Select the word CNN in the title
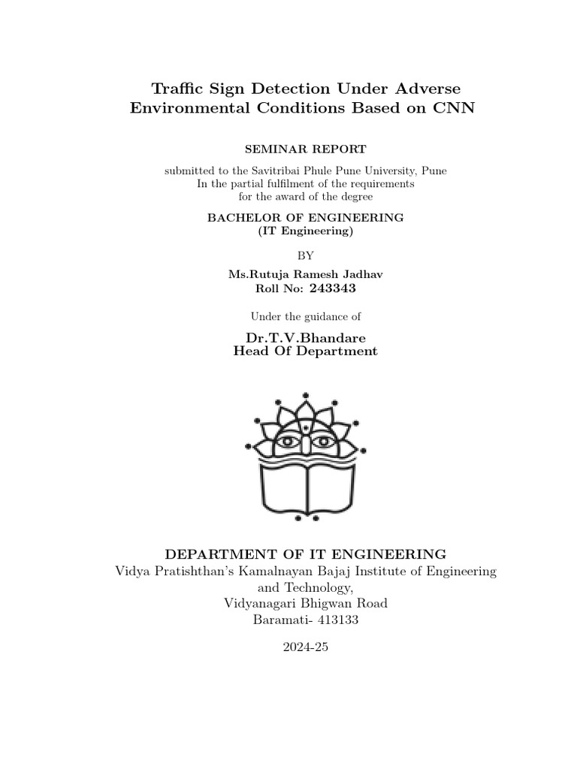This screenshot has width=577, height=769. [455, 107]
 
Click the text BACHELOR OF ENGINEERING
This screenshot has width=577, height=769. [305, 217]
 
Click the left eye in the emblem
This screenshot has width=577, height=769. [287, 441]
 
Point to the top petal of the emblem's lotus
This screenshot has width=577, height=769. [305, 410]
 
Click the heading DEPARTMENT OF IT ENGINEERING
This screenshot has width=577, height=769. [305, 554]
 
